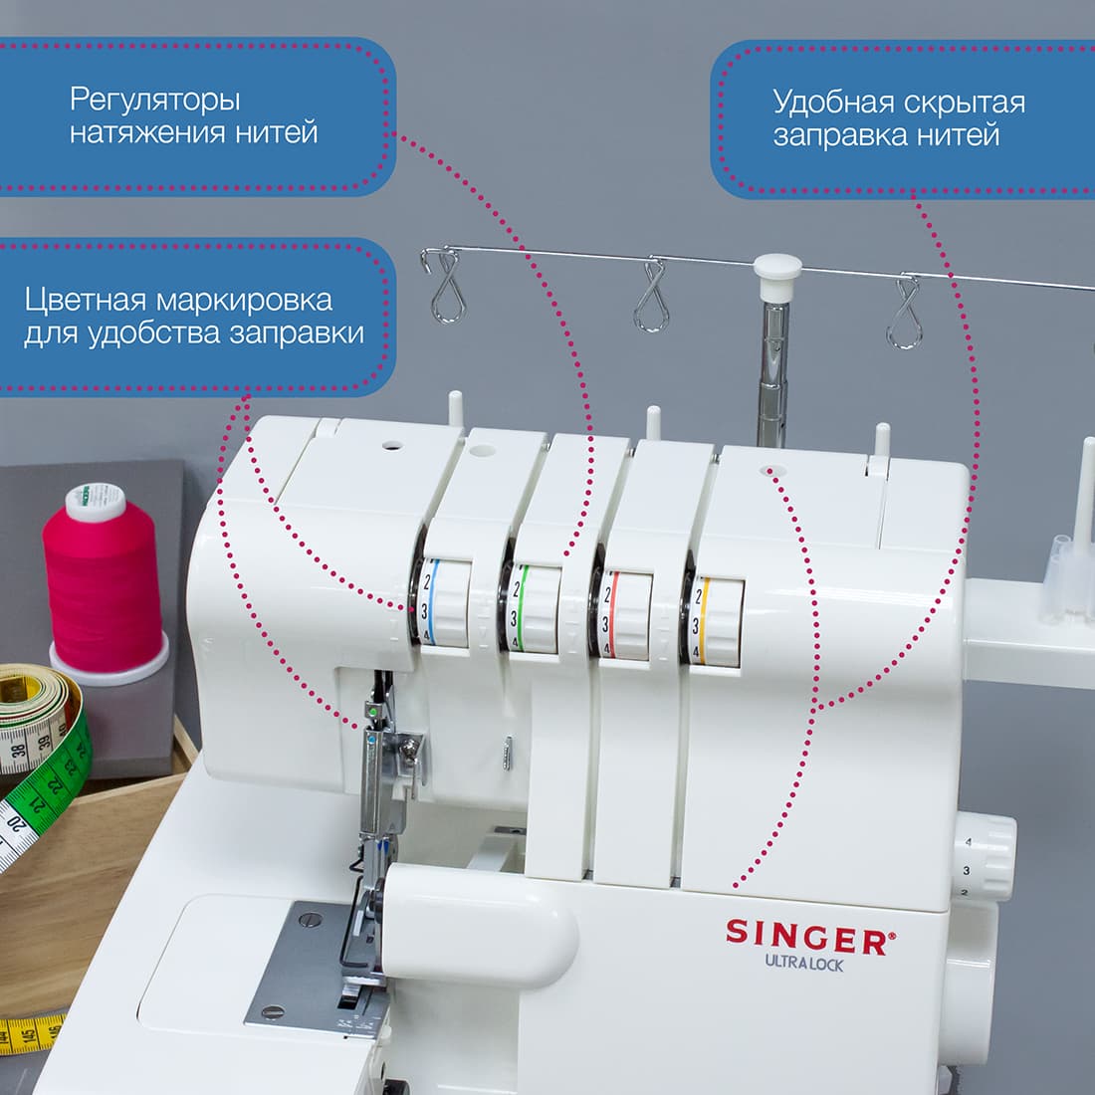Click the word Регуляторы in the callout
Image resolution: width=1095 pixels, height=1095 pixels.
pos(155,101)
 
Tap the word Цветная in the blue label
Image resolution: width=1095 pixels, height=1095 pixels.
pos(87,301)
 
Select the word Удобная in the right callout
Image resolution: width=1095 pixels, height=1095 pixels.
pos(834,103)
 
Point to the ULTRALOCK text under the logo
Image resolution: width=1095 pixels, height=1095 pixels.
pos(803,963)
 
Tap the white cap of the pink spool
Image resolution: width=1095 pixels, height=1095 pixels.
pos(96,504)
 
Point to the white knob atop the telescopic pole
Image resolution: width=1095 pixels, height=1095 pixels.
pos(777,269)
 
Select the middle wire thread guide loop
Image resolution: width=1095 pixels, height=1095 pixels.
pos(651,296)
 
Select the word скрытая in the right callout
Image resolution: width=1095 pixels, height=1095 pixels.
pos(965,103)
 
